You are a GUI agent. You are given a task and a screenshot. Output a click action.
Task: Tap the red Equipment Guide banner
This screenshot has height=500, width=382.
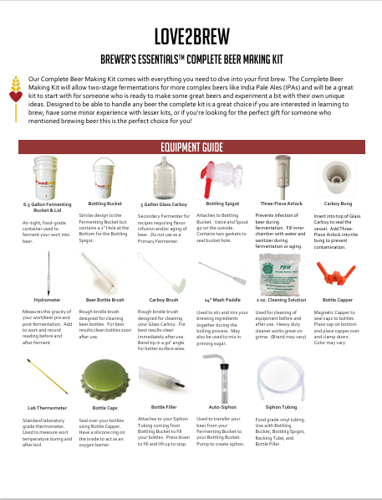[x=191, y=147]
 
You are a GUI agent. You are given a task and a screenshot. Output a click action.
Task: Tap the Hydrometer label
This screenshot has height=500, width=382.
[x=46, y=299]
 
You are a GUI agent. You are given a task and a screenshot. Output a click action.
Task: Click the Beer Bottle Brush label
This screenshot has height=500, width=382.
[x=104, y=299]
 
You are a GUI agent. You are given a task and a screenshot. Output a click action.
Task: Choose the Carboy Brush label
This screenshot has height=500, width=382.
[x=163, y=299]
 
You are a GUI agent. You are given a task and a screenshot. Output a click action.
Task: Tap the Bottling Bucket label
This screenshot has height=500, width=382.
[x=104, y=204]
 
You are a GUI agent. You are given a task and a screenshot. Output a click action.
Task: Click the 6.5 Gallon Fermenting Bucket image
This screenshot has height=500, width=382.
[x=46, y=176]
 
